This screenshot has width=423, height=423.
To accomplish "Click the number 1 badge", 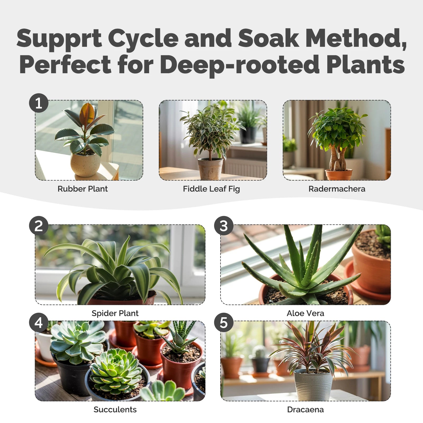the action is click(39, 103).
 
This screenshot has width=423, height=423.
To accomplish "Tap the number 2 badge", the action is click(39, 226).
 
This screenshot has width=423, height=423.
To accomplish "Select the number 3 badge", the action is click(224, 226).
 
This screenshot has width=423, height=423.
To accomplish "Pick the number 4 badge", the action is click(39, 323).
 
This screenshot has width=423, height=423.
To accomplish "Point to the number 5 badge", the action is click(224, 323).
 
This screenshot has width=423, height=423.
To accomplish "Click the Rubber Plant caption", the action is click(82, 189).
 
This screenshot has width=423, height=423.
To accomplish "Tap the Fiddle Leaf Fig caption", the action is click(212, 189).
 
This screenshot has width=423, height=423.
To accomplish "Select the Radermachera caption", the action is click(337, 189).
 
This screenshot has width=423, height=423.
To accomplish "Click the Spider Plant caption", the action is click(115, 313).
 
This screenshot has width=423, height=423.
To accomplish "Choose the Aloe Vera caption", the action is click(305, 313).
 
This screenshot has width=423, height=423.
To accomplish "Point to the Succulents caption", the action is click(115, 410).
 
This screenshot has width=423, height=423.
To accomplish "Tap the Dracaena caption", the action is click(305, 410).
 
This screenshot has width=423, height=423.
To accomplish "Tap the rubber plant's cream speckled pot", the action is click(85, 164).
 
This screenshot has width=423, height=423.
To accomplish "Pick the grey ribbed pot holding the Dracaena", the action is click(314, 385).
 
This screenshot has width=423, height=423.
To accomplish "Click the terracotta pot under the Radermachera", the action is click(338, 175).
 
